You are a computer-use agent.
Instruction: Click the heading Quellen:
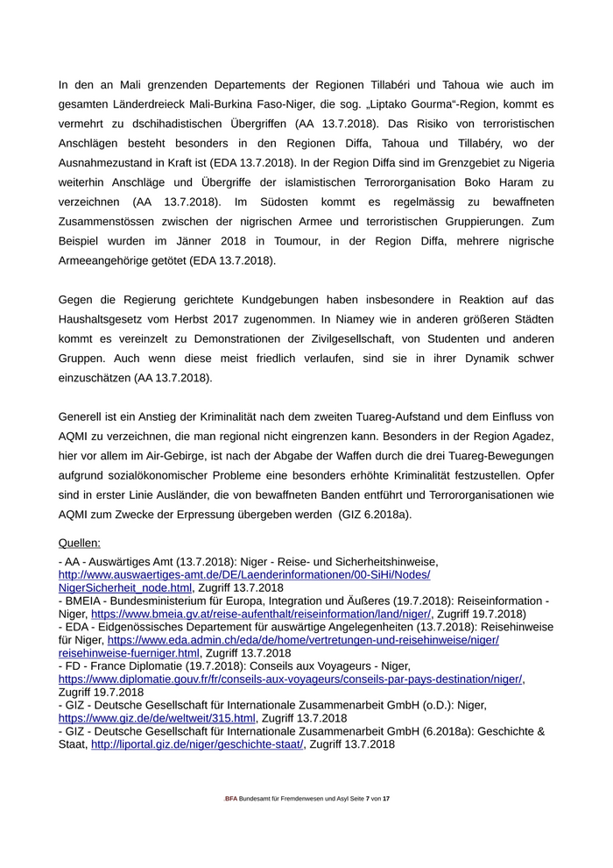coord(80,543)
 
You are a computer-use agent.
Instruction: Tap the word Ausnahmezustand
coord(112,162)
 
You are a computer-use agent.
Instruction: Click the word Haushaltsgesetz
coord(106,320)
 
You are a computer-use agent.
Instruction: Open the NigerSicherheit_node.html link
coord(125,587)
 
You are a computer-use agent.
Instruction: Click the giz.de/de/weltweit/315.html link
coord(157,718)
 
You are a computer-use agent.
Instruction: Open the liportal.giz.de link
coord(197,744)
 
